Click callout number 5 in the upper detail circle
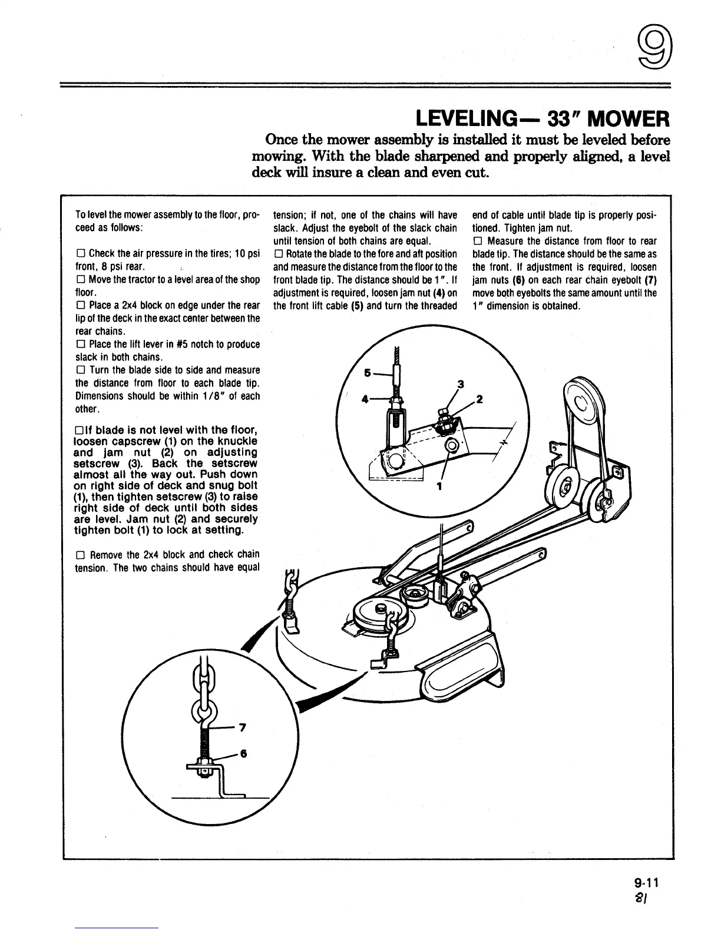click(x=368, y=373)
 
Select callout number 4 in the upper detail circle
click(x=366, y=398)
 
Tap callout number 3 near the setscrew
click(x=461, y=385)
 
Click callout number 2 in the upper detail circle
click(x=479, y=399)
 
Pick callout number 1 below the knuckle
click(x=439, y=486)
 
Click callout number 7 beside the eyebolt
click(x=242, y=727)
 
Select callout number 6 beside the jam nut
click(x=242, y=756)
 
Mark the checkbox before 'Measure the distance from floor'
click(x=477, y=241)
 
